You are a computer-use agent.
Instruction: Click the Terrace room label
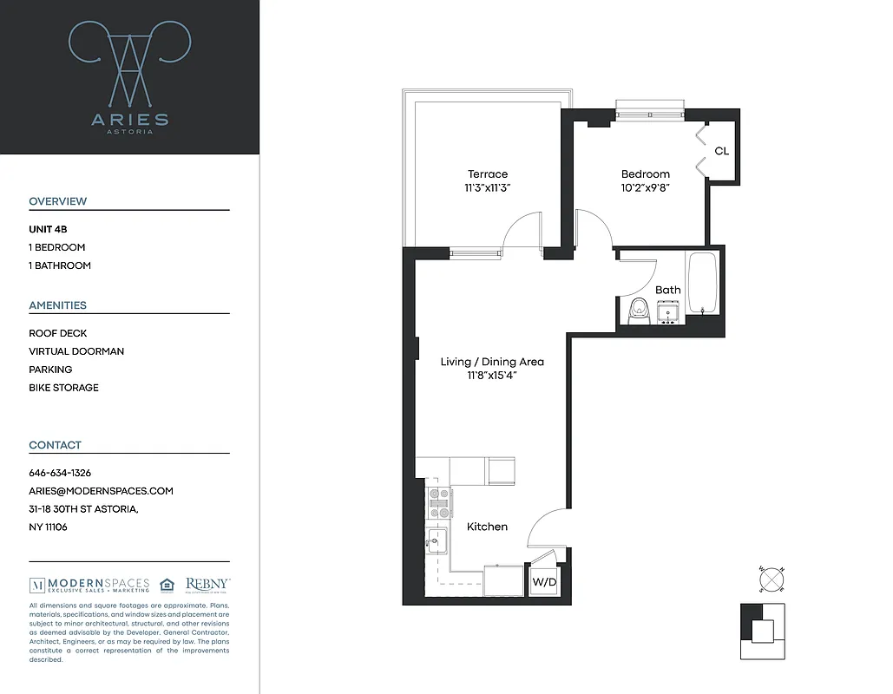pyautogui.click(x=487, y=174)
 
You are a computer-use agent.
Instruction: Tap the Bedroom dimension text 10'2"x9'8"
pyautogui.click(x=645, y=187)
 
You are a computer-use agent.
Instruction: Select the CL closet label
pyautogui.click(x=721, y=151)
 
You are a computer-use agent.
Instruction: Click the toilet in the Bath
pyautogui.click(x=640, y=310)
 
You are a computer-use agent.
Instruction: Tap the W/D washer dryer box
pyautogui.click(x=544, y=582)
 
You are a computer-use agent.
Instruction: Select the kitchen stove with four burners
pyautogui.click(x=438, y=502)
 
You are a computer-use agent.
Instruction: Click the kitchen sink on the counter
pyautogui.click(x=437, y=540)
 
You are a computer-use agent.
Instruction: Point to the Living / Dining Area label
pyautogui.click(x=492, y=362)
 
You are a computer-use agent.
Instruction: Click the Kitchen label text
pyautogui.click(x=487, y=527)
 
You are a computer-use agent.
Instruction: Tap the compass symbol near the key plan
pyautogui.click(x=772, y=579)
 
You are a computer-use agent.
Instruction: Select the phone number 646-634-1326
pyautogui.click(x=60, y=473)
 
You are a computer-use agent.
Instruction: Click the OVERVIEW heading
pyautogui.click(x=58, y=201)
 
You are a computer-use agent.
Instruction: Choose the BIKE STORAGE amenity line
pyautogui.click(x=63, y=388)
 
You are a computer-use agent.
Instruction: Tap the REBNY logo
pyautogui.click(x=207, y=585)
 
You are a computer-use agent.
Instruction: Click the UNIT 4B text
pyautogui.click(x=48, y=229)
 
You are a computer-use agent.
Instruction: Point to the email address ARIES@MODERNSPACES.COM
pyautogui.click(x=101, y=491)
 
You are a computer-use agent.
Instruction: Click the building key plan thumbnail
pyautogui.click(x=762, y=632)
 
